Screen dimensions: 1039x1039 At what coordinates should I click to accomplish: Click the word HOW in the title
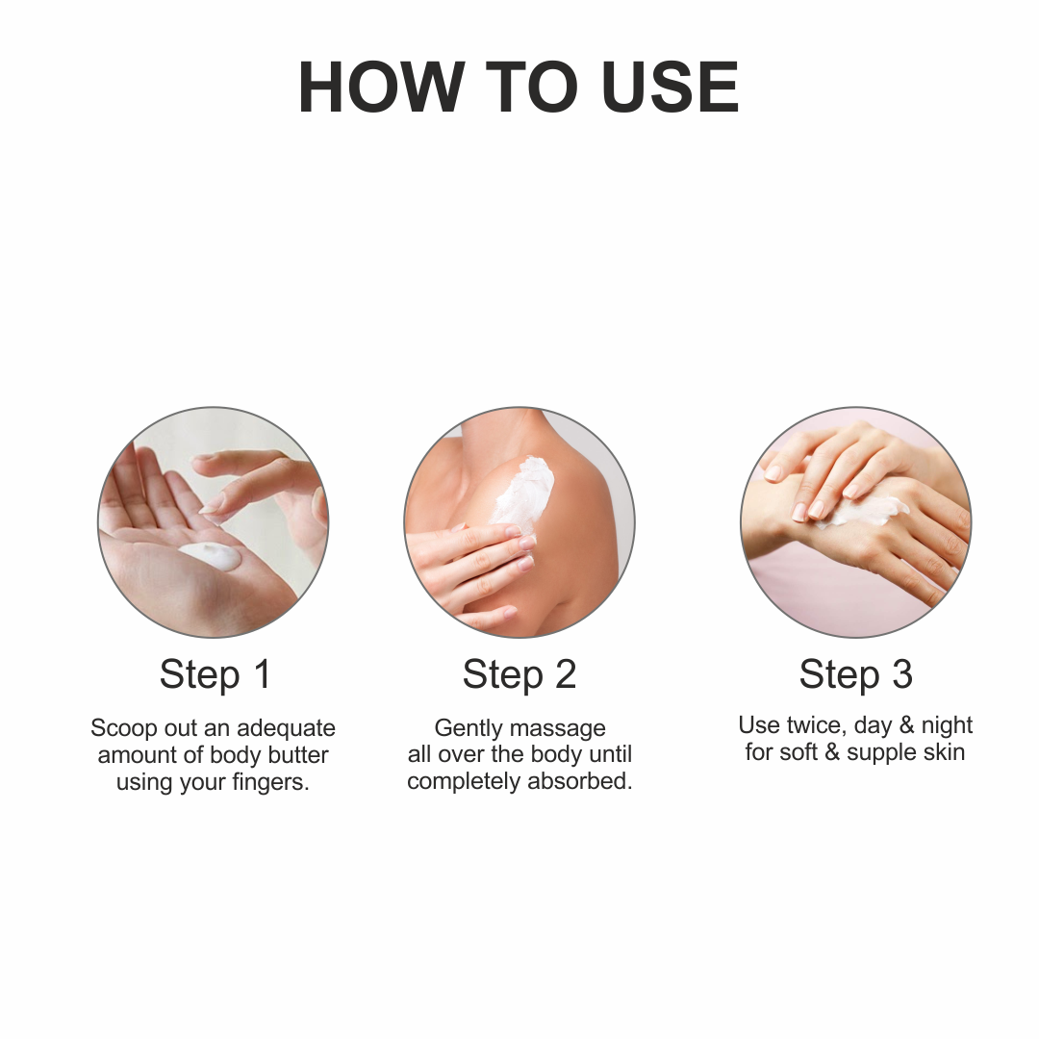click(x=381, y=87)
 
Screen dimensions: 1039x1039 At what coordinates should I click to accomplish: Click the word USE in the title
click(x=670, y=87)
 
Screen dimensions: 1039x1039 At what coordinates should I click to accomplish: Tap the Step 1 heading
click(x=215, y=675)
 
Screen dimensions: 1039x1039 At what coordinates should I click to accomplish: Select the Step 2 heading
click(x=519, y=675)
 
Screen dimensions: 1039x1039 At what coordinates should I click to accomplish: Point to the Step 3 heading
click(x=855, y=675)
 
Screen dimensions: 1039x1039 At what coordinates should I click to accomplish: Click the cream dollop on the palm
click(x=211, y=555)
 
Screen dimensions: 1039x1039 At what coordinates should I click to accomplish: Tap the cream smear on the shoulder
click(x=524, y=494)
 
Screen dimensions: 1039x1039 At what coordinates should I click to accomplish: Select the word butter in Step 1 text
click(x=298, y=755)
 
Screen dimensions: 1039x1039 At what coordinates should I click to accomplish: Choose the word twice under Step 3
click(x=817, y=725)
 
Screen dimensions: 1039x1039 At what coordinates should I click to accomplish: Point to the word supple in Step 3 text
click(x=878, y=753)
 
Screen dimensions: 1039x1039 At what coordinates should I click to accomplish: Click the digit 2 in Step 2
click(x=566, y=674)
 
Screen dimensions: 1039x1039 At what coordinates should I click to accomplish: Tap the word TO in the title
click(x=532, y=87)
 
